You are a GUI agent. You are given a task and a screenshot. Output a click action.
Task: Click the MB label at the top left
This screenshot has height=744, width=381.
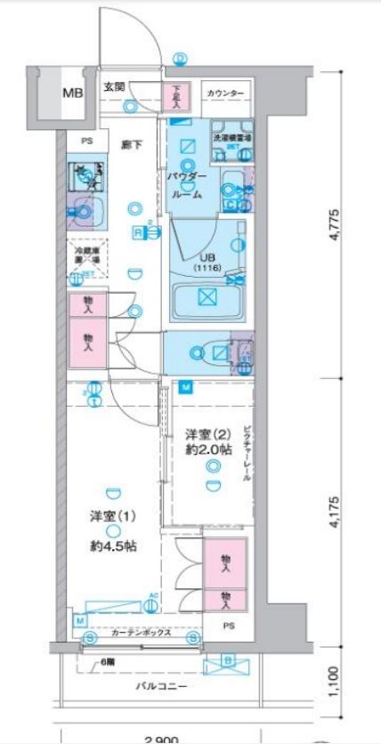tap(72, 93)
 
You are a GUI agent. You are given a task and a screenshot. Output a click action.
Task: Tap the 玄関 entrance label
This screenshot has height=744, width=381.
tap(113, 86)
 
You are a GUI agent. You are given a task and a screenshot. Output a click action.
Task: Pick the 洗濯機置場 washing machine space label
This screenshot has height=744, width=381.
tap(230, 140)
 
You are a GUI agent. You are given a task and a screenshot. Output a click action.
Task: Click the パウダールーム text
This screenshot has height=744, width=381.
tap(185, 184)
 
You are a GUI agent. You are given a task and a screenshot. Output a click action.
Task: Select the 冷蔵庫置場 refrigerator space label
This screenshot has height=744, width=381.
tap(85, 255)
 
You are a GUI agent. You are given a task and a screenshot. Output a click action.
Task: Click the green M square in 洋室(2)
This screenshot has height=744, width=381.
tap(185, 386)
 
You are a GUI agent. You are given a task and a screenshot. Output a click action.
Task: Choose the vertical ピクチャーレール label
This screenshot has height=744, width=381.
tap(247, 451)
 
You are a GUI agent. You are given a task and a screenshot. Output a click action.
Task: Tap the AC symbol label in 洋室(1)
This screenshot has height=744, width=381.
tap(153, 595)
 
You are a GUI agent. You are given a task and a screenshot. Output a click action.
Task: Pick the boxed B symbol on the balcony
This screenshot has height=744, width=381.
tap(227, 660)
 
